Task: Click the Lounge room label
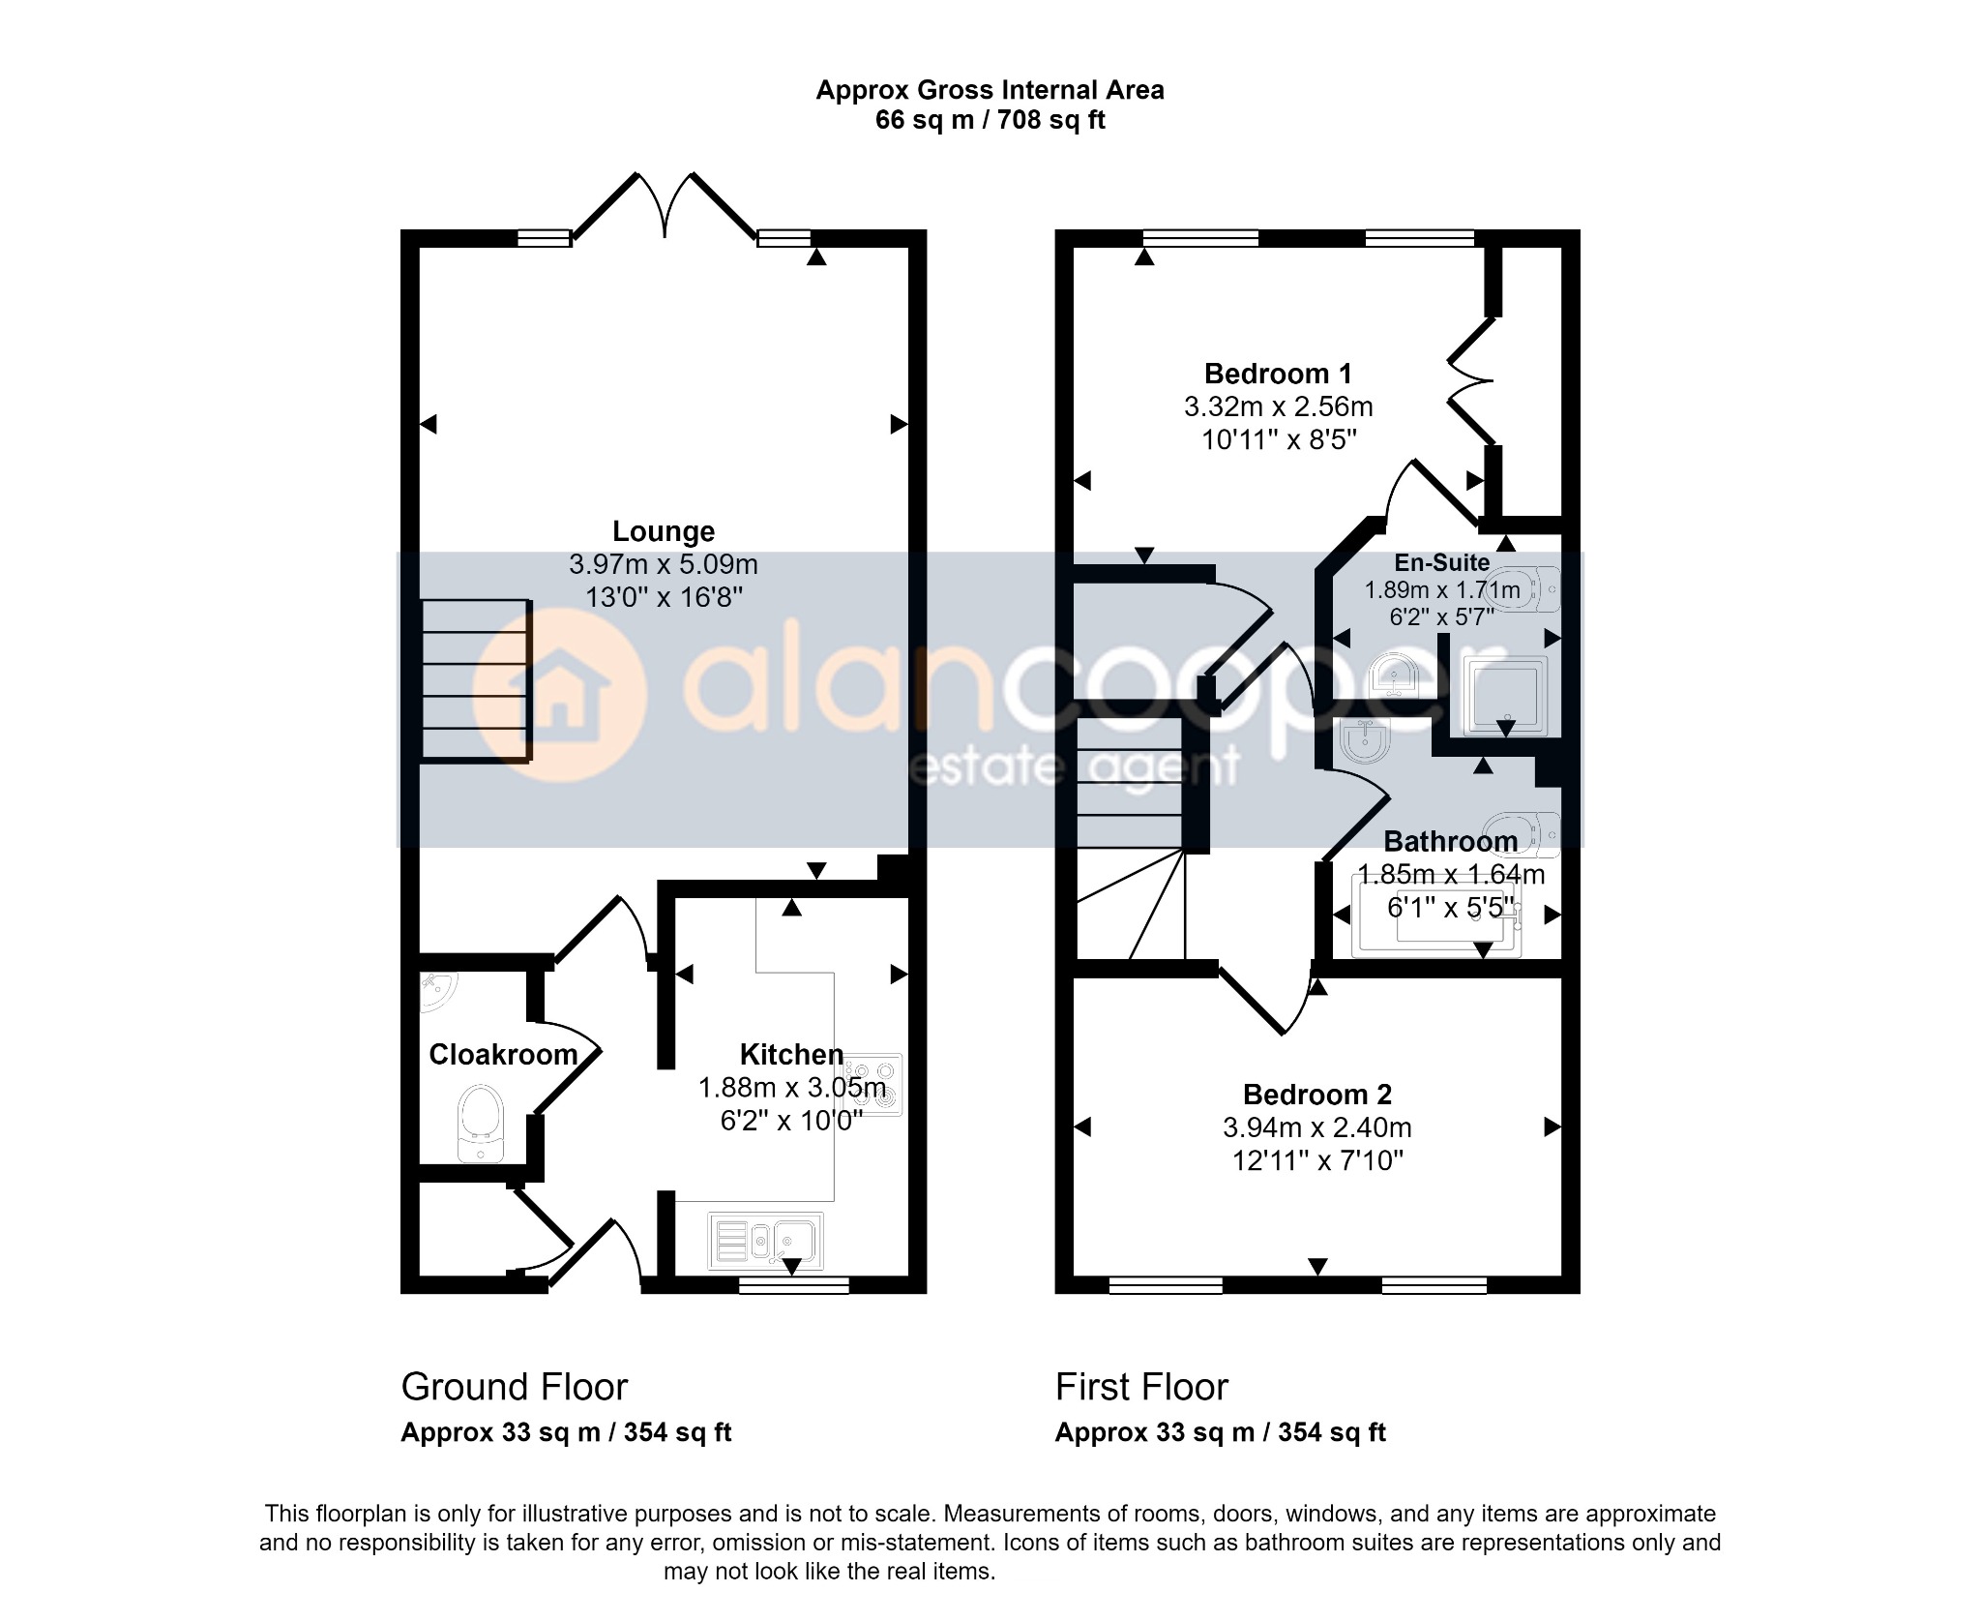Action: [x=664, y=531]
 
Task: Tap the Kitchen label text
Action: [x=791, y=1054]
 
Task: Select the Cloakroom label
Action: [x=503, y=1054]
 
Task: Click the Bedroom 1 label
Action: [x=1278, y=374]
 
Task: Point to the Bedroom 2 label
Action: [x=1317, y=1095]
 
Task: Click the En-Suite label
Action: [x=1441, y=562]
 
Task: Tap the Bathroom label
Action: [x=1451, y=841]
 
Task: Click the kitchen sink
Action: [x=765, y=1241]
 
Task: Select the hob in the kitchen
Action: [x=873, y=1086]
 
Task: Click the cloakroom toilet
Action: [x=480, y=1123]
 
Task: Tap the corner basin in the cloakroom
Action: [x=439, y=993]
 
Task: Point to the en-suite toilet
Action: [x=1526, y=588]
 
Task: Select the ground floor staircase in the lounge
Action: [x=476, y=680]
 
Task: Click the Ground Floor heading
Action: [x=515, y=1387]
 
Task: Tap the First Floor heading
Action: [x=1141, y=1387]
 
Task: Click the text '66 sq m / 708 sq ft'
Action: [x=990, y=120]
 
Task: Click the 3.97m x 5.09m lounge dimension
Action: [x=664, y=564]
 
